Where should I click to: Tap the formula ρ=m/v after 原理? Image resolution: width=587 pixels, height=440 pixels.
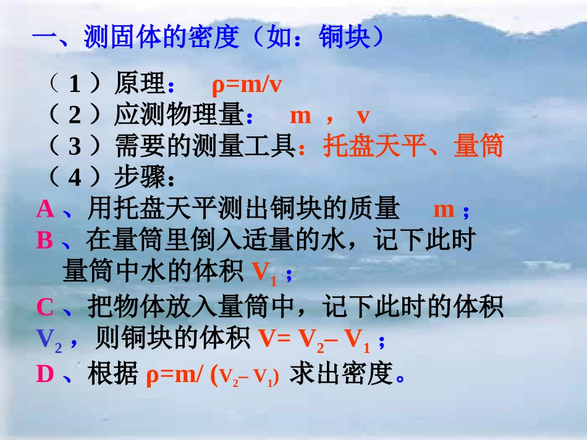247,85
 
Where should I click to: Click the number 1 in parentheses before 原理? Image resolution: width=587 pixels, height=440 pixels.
75,85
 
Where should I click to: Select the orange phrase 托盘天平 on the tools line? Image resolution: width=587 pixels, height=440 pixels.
374,146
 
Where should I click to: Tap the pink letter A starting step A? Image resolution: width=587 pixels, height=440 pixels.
45,209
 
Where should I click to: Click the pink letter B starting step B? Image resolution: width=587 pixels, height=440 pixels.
44,240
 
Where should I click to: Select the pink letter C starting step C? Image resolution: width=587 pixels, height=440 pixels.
45,307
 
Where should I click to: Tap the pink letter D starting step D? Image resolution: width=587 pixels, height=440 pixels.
45,374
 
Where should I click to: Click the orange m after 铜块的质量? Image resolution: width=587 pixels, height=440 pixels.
444,209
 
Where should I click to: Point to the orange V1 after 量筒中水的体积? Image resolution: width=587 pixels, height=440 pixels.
265,272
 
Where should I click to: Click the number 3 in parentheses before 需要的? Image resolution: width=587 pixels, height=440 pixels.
75,146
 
